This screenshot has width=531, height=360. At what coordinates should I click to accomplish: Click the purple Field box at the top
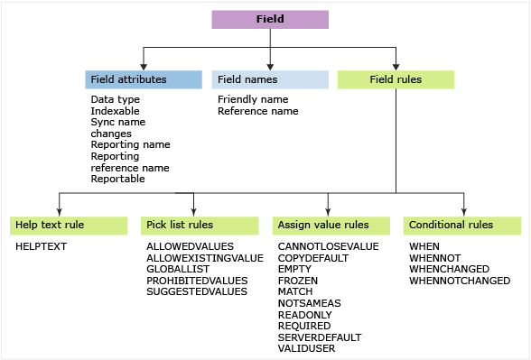point(270,19)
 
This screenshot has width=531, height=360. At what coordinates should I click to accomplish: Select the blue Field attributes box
point(144,79)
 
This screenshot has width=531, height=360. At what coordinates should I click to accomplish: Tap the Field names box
point(270,79)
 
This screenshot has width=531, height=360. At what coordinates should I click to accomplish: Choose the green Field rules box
point(396,79)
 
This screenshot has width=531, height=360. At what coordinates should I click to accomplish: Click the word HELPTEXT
point(42,246)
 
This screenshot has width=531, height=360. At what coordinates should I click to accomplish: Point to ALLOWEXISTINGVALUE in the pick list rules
point(204,258)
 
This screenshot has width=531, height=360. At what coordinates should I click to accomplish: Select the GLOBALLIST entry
point(177,269)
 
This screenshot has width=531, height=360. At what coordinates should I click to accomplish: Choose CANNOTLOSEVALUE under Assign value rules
point(328,246)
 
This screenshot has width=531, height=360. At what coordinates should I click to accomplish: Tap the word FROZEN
point(298,281)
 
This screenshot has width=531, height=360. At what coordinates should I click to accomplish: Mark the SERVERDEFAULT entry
point(320,337)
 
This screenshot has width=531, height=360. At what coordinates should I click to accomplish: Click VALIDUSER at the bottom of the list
point(306,348)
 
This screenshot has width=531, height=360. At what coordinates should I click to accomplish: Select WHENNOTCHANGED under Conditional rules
point(460,281)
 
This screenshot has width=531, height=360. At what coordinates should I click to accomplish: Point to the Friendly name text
point(253,99)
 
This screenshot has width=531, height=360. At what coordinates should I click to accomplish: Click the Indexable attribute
point(115,111)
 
